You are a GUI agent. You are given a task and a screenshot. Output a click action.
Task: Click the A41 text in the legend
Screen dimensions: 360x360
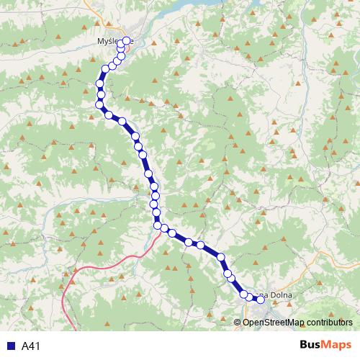point(30,346)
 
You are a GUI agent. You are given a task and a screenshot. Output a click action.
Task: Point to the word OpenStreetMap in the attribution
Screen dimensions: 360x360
point(273,321)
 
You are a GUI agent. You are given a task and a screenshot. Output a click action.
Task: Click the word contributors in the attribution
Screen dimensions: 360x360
point(329,321)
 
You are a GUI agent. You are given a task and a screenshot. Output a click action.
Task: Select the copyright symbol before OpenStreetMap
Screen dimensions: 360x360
point(238,321)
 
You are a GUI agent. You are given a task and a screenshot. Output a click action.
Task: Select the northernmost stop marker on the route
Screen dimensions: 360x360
point(127,40)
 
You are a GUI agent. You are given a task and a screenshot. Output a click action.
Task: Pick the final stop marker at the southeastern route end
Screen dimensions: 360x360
point(261,300)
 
